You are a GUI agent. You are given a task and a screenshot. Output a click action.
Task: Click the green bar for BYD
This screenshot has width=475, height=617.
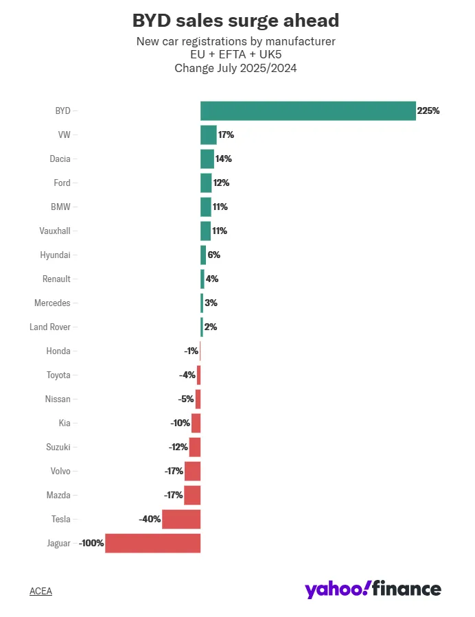pyautogui.click(x=308, y=110)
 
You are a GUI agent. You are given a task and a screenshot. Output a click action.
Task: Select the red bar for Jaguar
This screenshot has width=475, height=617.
pyautogui.click(x=152, y=543)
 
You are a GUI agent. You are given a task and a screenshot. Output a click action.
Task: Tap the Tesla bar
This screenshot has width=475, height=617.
pyautogui.click(x=181, y=519)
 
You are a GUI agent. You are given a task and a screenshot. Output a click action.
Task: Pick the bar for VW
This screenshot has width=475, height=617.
pyautogui.click(x=208, y=135)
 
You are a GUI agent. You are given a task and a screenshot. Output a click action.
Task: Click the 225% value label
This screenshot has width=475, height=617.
pyautogui.click(x=428, y=110)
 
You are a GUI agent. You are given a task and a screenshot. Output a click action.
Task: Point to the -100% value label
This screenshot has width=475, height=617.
pyautogui.click(x=91, y=543)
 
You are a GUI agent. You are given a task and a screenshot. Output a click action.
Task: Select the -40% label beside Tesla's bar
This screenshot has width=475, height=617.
pyautogui.click(x=150, y=519)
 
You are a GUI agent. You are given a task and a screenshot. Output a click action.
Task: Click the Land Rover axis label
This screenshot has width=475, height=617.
pyautogui.click(x=50, y=327)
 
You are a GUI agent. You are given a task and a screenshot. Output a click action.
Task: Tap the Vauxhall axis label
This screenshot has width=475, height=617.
pyautogui.click(x=55, y=231)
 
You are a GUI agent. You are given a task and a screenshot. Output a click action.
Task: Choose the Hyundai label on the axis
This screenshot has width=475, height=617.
pyautogui.click(x=55, y=255)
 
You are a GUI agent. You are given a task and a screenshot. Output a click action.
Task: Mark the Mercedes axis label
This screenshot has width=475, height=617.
pyautogui.click(x=52, y=303)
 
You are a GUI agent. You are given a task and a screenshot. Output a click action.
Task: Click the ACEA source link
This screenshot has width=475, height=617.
pyautogui.click(x=40, y=591)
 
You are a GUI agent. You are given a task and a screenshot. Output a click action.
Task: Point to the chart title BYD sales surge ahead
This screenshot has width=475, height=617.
pyautogui.click(x=235, y=20)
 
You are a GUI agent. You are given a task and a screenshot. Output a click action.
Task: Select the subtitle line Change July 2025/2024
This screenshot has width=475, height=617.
pyautogui.click(x=235, y=68)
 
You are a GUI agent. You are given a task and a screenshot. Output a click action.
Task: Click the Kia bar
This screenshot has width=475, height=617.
pyautogui.click(x=196, y=423)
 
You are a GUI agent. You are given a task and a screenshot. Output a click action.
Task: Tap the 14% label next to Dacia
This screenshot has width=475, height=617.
pyautogui.click(x=224, y=159)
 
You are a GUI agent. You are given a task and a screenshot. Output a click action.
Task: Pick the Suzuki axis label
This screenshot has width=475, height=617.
pyautogui.click(x=58, y=447)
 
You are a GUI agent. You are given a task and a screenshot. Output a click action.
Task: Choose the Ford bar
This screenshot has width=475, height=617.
pyautogui.click(x=206, y=183)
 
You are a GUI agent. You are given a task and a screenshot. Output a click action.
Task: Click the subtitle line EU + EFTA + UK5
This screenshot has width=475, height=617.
pyautogui.click(x=235, y=55)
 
